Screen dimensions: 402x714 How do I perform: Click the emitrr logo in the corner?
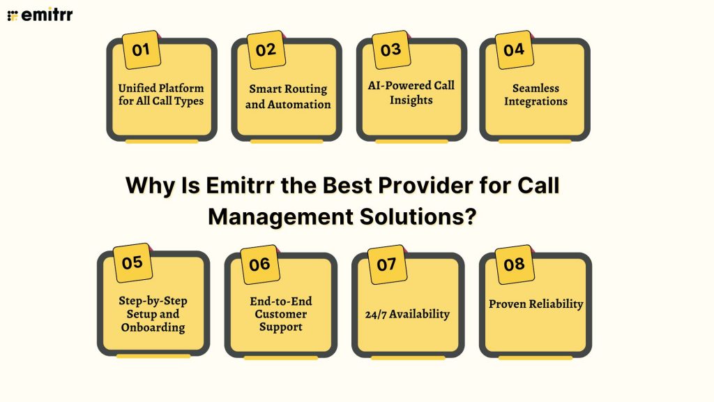[x=40, y=15]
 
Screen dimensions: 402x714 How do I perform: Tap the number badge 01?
[x=141, y=50]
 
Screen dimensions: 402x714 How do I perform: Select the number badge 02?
[x=266, y=50]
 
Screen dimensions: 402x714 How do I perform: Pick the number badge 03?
[x=390, y=50]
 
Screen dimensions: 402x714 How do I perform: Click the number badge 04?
[x=514, y=50]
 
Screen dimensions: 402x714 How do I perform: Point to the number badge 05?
[x=132, y=263]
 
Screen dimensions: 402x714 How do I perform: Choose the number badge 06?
[x=259, y=265]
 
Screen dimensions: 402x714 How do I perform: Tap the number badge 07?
[x=386, y=265]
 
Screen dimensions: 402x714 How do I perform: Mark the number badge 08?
[x=514, y=265]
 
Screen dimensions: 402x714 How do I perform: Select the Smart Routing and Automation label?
[x=288, y=96]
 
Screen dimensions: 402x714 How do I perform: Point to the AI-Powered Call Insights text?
[x=411, y=92]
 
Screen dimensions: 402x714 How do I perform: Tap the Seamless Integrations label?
[x=535, y=95]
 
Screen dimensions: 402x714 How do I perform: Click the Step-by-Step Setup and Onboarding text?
[x=153, y=314]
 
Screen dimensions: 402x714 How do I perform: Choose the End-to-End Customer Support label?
[x=281, y=314]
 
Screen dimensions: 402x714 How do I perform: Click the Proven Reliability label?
[x=535, y=304]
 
